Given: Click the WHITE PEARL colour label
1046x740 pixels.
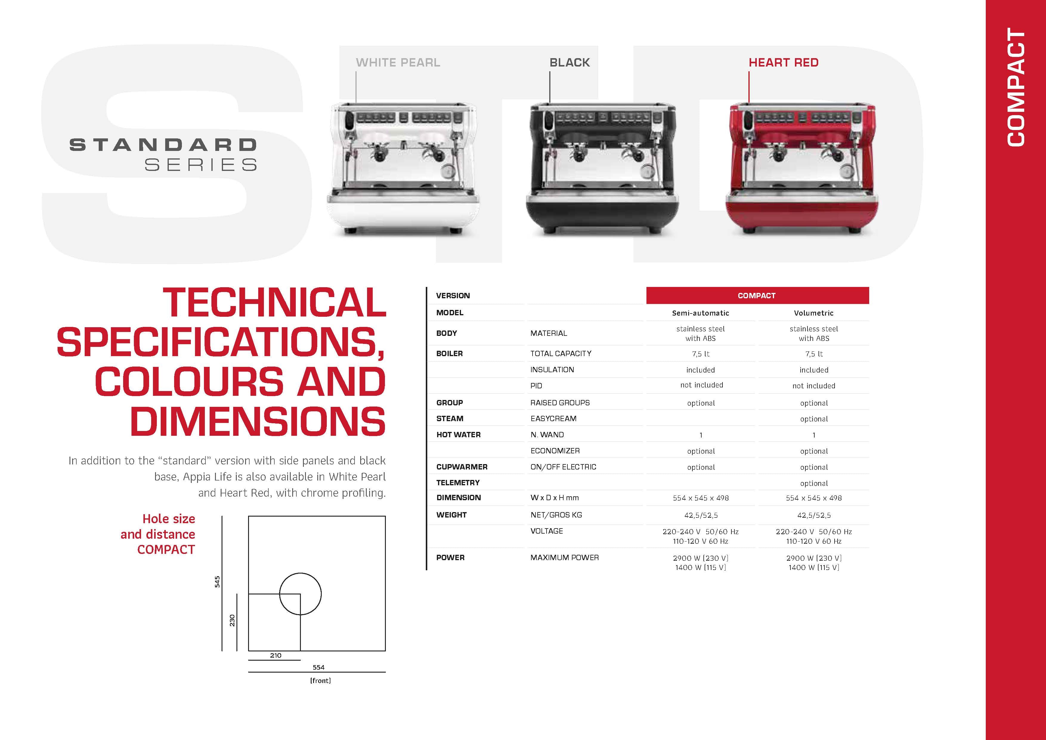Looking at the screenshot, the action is coord(398,62).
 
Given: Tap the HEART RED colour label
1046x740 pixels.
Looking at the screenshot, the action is coord(784,62).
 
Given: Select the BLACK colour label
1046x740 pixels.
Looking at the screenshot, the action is coord(570,62).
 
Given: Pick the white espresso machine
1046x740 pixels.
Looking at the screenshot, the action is coord(403,169).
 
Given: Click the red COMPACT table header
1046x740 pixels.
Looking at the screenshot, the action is coord(757,295).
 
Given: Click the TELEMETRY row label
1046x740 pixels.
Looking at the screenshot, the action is coord(458,483).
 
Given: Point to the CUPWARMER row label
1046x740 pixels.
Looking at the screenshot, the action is coord(462,466).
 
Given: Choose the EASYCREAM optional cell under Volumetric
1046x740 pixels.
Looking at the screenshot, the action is coord(814,419).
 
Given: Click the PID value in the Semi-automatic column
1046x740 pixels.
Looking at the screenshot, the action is coord(702,385).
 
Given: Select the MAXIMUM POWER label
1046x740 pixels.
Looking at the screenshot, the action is coord(564,557).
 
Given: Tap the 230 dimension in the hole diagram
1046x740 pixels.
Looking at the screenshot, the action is coord(232,620).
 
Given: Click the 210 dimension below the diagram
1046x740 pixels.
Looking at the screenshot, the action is coord(276,655).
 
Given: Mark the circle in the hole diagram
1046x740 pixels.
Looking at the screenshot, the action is coord(300,573).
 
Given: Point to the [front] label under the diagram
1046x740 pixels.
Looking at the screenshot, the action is coord(320,680).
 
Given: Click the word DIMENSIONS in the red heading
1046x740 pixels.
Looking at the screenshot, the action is coord(258,421).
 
